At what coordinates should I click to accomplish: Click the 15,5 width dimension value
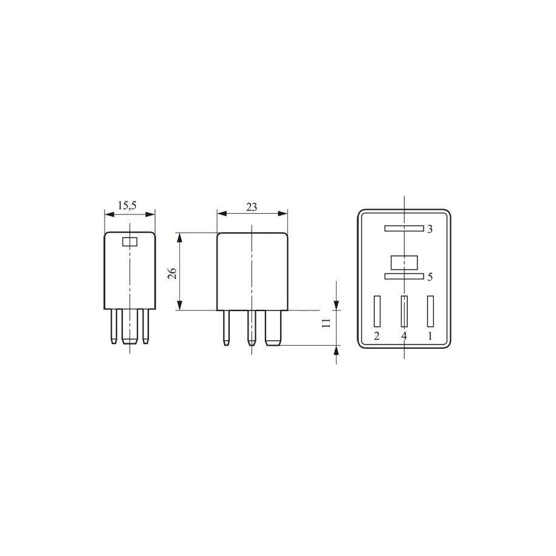(x=127, y=205)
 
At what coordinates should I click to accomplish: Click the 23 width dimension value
(x=252, y=207)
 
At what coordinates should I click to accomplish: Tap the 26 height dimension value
(x=173, y=273)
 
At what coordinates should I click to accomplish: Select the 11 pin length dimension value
(x=326, y=322)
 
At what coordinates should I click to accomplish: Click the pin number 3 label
(x=430, y=229)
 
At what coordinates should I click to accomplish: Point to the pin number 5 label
(x=430, y=276)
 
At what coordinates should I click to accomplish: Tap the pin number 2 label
(x=377, y=335)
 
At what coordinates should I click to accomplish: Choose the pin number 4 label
(x=404, y=335)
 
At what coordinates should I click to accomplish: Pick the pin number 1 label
(x=430, y=335)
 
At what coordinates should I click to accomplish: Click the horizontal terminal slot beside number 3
(x=404, y=228)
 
